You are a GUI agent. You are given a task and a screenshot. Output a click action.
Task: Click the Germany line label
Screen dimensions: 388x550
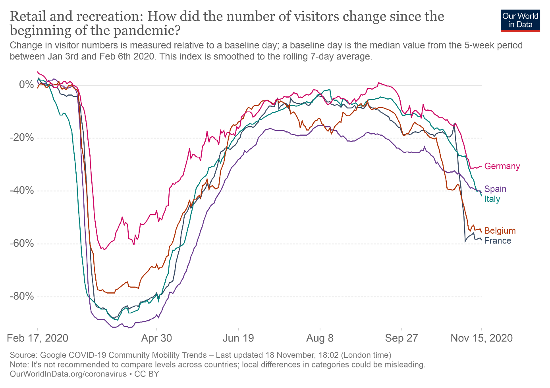point(502,166)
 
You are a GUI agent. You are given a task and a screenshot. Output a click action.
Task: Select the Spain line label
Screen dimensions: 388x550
point(495,189)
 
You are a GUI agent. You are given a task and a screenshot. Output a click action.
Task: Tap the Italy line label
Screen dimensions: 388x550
point(492,199)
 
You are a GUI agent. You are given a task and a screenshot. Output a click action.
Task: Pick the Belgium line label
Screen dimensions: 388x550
point(500,231)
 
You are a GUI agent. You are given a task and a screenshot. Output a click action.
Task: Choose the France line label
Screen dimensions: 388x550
point(498,241)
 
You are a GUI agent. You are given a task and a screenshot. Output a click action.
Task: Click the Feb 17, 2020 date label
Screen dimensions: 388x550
point(38,338)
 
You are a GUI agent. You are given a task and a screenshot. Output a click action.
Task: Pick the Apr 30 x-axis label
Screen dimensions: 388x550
point(157,338)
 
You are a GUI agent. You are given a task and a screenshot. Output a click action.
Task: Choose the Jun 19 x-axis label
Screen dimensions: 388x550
point(238,338)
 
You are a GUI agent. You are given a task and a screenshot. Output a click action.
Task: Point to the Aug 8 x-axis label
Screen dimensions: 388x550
point(320,338)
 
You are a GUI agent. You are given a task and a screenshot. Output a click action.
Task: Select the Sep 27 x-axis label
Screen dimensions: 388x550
point(401,338)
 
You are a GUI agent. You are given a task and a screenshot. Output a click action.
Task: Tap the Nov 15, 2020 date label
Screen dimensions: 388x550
point(481,338)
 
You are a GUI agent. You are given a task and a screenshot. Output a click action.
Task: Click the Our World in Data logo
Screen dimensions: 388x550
point(520,20)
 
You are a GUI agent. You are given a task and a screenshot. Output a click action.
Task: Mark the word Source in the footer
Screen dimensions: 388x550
point(23,355)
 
